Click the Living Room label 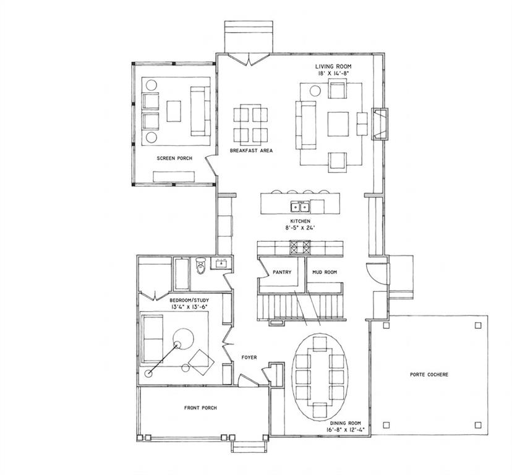click(333, 67)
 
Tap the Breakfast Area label click(251, 150)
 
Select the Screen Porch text click(174, 158)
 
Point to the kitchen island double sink click(300, 207)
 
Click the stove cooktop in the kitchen click(301, 247)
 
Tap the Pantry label click(282, 272)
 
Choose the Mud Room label click(325, 272)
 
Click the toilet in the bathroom click(200, 265)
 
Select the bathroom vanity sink click(221, 263)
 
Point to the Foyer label click(249, 357)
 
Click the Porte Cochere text click(429, 374)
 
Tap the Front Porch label click(200, 408)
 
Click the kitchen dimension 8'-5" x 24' click(300, 228)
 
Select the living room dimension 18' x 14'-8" click(333, 74)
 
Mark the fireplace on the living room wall click(380, 124)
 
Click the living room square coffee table click(338, 124)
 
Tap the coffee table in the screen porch click(174, 111)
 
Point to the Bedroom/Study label click(189, 300)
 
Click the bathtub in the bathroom click(181, 274)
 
